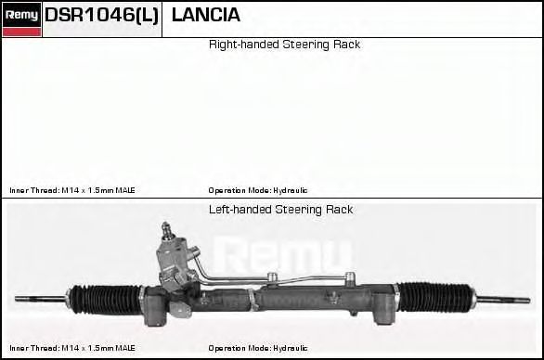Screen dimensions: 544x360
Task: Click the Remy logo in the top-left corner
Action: click(x=21, y=19)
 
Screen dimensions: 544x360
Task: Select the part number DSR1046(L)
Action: click(x=102, y=15)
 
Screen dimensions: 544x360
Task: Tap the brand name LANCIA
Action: click(x=206, y=15)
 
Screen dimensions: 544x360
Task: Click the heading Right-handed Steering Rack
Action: click(x=284, y=45)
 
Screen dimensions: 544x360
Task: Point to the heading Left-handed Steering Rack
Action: click(x=280, y=210)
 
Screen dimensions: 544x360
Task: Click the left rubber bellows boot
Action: click(x=106, y=300)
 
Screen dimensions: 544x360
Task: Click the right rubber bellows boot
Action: click(x=435, y=297)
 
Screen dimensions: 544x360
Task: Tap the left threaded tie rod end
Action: click(x=41, y=299)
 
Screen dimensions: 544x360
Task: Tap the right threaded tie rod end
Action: click(x=504, y=300)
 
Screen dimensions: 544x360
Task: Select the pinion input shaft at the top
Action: click(x=167, y=231)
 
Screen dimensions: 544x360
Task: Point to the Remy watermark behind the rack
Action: click(x=283, y=254)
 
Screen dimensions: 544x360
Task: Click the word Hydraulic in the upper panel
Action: click(x=291, y=190)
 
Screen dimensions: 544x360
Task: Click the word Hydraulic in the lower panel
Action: click(x=291, y=348)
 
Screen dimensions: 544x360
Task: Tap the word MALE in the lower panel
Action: click(x=125, y=348)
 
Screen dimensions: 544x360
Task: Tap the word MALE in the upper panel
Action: click(x=125, y=190)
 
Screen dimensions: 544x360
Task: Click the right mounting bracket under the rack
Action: click(x=383, y=309)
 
